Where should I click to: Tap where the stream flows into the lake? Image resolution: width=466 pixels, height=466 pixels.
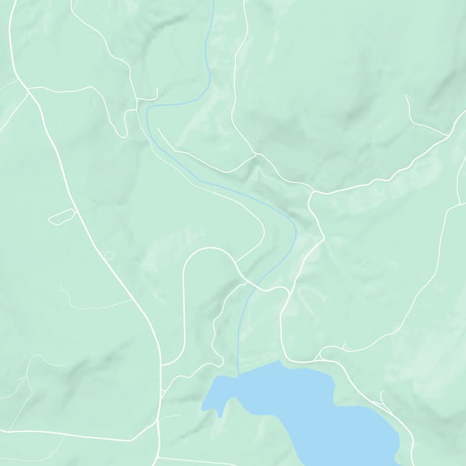coord(238,375)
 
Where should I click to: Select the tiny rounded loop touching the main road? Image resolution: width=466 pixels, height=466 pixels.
coord(109,255)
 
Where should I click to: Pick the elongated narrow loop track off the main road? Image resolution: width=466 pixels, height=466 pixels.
coord(62,217)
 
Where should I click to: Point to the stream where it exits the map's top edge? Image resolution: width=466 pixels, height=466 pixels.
coord(213,1)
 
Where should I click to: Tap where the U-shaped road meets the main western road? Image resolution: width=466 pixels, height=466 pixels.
coord(161,365)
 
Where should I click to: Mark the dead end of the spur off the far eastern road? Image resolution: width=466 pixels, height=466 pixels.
coord(406,96)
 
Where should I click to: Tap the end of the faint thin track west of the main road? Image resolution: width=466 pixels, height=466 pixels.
coord(61,284)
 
